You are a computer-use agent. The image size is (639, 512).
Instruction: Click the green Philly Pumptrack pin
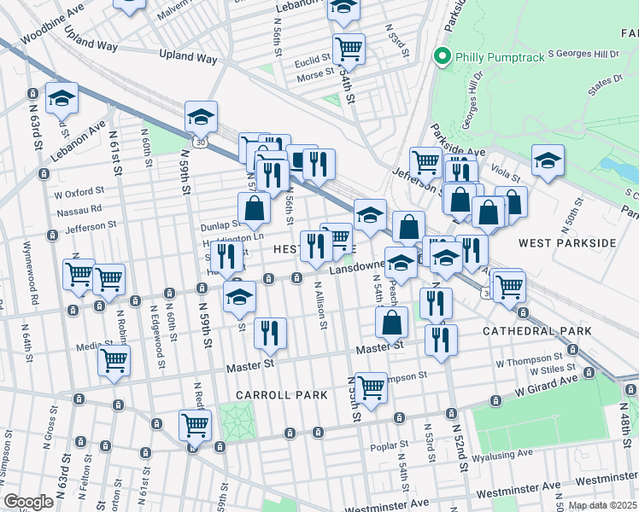click(442, 57)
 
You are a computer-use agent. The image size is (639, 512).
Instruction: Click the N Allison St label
click(321, 305)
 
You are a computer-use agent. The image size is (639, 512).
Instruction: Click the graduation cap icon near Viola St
click(548, 160)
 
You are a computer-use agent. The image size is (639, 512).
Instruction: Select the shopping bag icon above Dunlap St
click(254, 207)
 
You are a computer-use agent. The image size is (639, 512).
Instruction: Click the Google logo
click(29, 502)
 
